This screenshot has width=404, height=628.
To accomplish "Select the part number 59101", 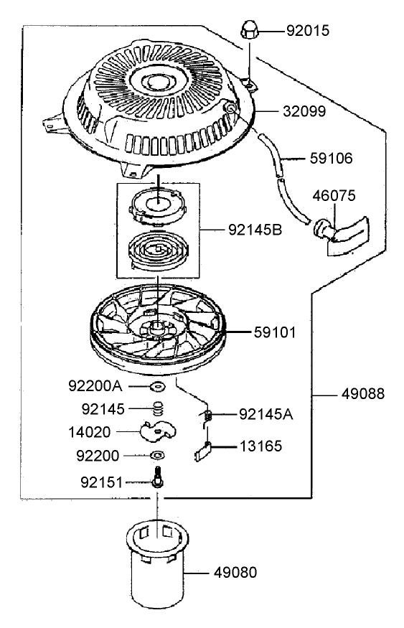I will point(278,333).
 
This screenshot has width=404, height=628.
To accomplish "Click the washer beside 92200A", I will point(157,388).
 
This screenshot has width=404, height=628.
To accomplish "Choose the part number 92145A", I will point(266,413).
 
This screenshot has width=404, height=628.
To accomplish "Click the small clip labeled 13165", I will point(202,450).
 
